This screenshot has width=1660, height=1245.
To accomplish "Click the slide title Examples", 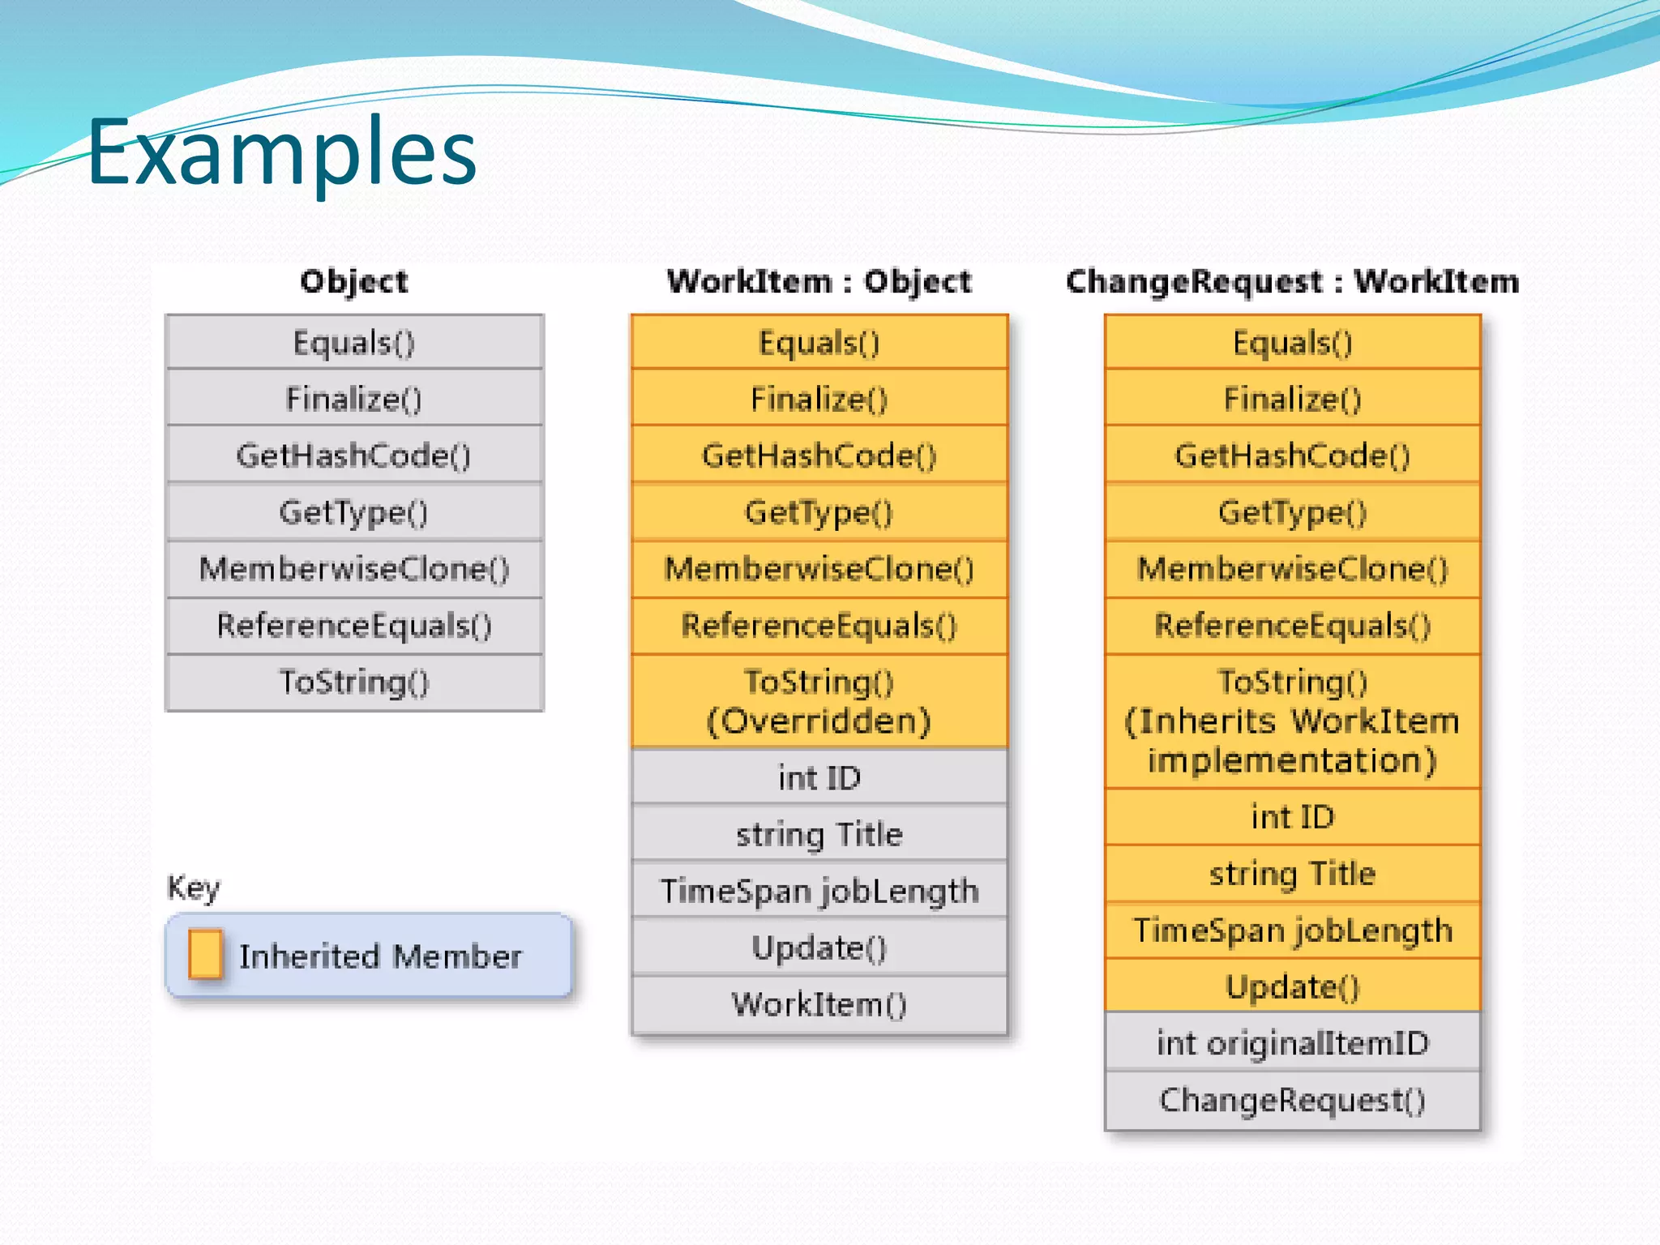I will point(281,152).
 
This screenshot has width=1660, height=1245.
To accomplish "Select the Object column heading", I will point(354,281).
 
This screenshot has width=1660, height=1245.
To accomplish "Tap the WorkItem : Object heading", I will point(819,281).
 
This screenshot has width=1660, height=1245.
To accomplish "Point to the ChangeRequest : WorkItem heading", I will point(1292,281).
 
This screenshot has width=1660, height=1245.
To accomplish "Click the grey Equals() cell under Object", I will point(354,342).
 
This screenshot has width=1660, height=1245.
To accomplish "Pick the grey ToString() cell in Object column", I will point(354,682).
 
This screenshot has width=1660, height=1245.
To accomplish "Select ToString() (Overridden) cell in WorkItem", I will point(819,701).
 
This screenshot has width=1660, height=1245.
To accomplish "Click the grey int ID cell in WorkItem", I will point(819,777).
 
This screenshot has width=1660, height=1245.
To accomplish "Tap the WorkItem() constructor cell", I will point(819,1004).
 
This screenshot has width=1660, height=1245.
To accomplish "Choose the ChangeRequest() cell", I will point(1292,1100).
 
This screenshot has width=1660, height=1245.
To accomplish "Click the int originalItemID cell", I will point(1292,1043).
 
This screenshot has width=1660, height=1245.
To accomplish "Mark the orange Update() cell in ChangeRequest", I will point(1292,986).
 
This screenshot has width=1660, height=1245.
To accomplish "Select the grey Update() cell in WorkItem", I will point(819,948).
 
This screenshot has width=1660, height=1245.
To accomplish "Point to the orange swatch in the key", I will point(205,954).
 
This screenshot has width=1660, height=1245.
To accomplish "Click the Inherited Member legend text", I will point(380,956).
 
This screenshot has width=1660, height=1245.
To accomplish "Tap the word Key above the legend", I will point(193,888).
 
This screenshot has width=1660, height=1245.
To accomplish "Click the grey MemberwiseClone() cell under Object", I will point(354,569).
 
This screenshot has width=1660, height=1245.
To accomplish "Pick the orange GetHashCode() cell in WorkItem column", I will point(819,456).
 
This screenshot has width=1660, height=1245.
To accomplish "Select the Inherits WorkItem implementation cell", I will point(1292,721).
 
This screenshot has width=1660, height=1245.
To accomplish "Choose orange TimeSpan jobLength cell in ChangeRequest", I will point(1292,931).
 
